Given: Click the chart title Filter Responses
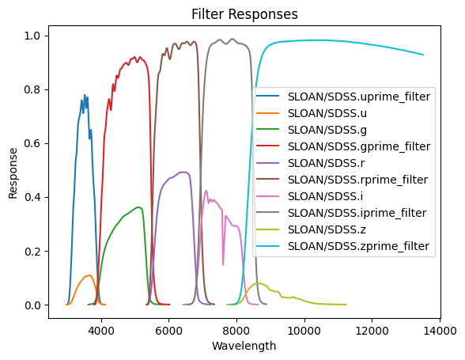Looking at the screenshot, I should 249,13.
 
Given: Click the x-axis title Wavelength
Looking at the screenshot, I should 249,346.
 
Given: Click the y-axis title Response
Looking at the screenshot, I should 13,171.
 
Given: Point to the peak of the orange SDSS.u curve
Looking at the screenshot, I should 89,275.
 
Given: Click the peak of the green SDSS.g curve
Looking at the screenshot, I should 139,207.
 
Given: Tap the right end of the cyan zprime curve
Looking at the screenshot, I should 423,55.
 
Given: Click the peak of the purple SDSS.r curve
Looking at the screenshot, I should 183,172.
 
